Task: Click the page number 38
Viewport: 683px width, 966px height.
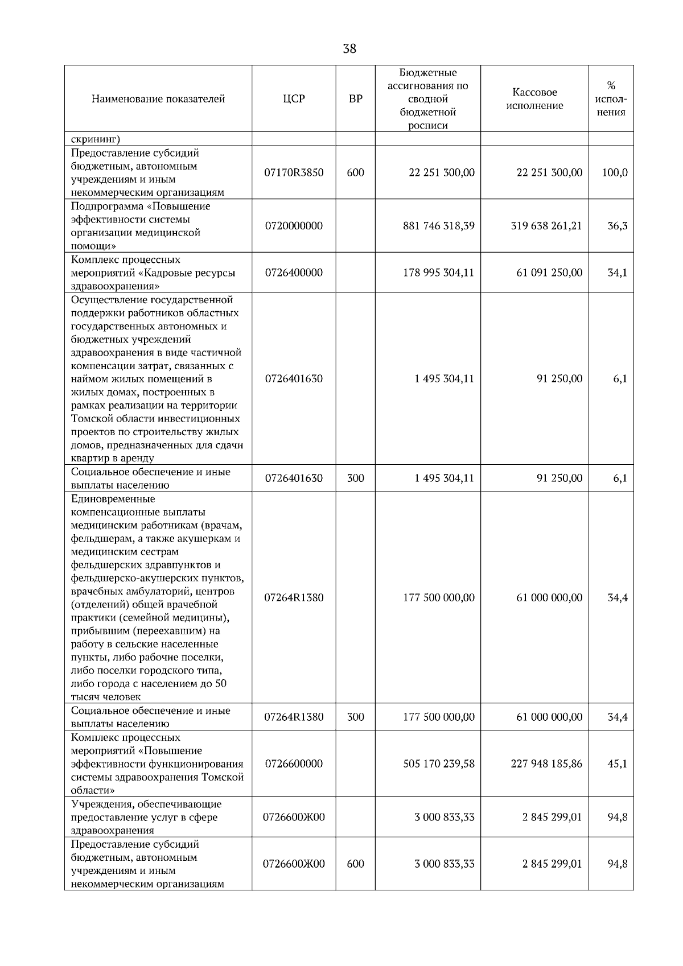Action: point(349,49)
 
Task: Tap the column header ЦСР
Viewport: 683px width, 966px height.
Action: point(294,99)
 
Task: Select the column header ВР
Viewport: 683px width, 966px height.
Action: point(355,99)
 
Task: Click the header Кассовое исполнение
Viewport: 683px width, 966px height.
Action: point(534,99)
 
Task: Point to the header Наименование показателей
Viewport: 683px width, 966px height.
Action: point(158,99)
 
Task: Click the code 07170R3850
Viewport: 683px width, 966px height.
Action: point(294,172)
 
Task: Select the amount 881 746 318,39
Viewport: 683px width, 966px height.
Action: point(438,226)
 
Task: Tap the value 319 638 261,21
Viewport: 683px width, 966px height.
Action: point(546,226)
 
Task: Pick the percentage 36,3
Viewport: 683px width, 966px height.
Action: point(617,226)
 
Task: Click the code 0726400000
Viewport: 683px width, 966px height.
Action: point(294,273)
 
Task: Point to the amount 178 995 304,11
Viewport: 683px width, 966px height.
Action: point(438,273)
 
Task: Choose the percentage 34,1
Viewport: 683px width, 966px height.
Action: point(617,273)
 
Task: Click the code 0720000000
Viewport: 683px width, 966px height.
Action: point(294,226)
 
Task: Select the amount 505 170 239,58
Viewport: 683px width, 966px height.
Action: point(438,763)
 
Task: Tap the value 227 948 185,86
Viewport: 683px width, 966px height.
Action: point(546,763)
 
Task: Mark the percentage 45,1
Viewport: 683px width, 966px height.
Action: point(617,763)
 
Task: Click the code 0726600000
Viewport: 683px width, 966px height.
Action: point(294,763)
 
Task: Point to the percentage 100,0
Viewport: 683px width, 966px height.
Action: point(615,172)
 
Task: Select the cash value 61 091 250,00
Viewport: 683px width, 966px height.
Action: point(549,273)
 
